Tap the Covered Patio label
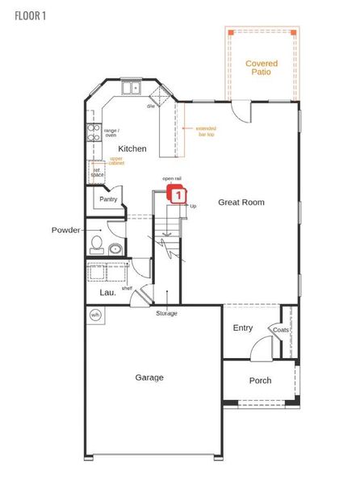click(x=262, y=68)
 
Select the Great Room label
click(x=241, y=202)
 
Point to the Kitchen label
click(x=132, y=149)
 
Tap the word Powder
click(x=65, y=230)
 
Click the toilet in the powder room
click(x=97, y=243)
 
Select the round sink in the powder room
click(x=115, y=249)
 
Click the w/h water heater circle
click(x=94, y=315)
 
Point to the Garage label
click(x=149, y=378)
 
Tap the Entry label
click(x=243, y=328)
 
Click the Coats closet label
click(x=281, y=330)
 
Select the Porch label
click(x=260, y=381)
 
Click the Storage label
click(x=167, y=313)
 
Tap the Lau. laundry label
click(x=107, y=293)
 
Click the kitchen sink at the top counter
click(x=131, y=88)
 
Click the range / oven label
click(x=111, y=133)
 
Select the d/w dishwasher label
click(x=151, y=106)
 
